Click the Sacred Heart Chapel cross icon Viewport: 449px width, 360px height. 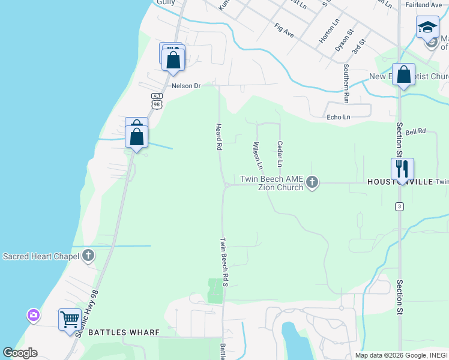click(88, 256)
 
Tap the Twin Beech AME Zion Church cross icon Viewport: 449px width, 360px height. click(312, 182)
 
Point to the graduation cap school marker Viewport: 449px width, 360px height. click(427, 27)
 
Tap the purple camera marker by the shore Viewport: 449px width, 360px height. click(33, 314)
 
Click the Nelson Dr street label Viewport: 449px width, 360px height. click(185, 86)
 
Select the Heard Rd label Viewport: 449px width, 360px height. click(219, 137)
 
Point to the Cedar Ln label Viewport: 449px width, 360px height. click(280, 154)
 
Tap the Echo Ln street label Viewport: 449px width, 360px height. click(337, 118)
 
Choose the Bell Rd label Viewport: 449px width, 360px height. click(415, 131)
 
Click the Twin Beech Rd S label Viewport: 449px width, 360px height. click(224, 262)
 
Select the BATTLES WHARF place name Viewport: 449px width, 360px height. click(124, 332)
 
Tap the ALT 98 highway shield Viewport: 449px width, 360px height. click(157, 101)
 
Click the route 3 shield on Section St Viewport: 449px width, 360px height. click(399, 206)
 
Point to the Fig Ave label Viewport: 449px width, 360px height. click(284, 31)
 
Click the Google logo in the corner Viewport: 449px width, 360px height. click(20, 353)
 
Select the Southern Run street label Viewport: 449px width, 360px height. click(346, 85)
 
